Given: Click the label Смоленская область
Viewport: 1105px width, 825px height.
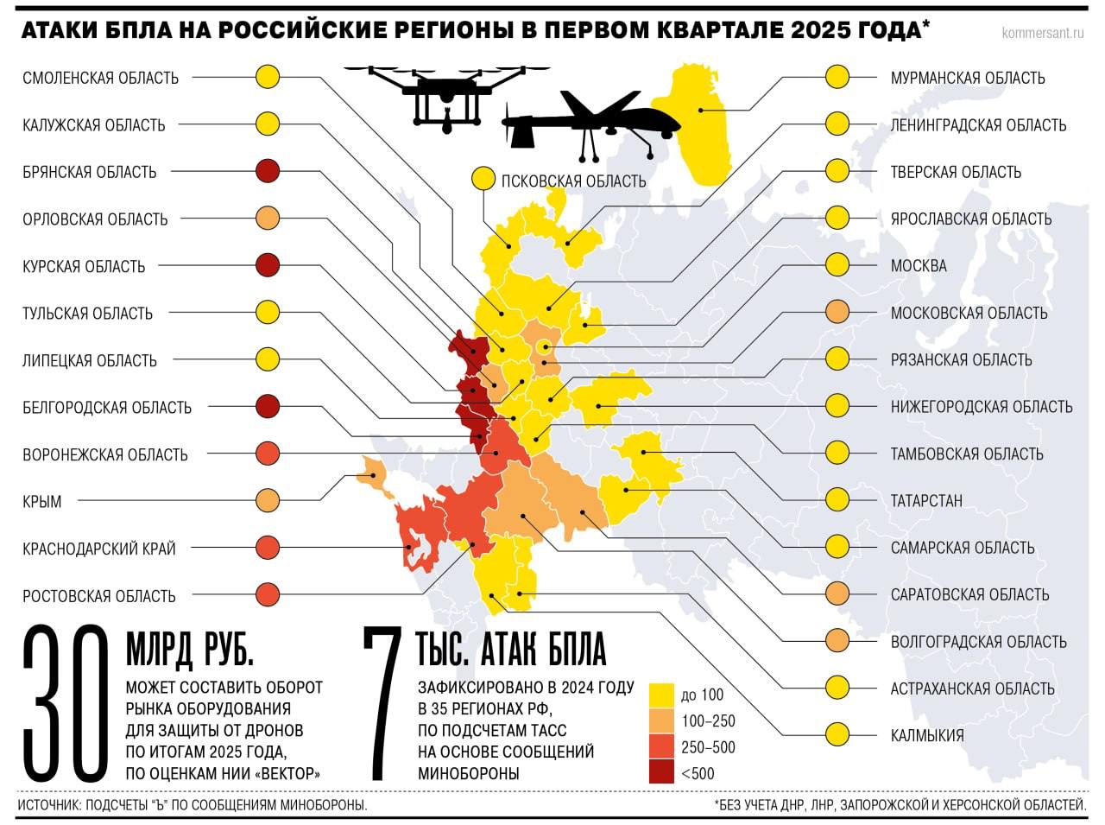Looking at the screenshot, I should point(100,78).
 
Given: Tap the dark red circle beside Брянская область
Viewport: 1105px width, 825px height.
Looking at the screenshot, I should point(268,171).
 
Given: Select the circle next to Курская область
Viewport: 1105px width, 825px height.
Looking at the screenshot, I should point(268,265).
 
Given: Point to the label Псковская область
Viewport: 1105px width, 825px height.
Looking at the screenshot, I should point(573,181).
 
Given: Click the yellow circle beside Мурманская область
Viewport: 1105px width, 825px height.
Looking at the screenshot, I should point(837,77).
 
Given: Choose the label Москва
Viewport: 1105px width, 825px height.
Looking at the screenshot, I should point(919,265).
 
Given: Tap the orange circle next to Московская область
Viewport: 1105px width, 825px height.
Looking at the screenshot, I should point(837,312).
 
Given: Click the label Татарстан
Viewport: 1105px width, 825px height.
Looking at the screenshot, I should point(926,500).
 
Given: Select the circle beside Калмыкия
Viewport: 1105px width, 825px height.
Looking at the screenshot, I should point(837,735).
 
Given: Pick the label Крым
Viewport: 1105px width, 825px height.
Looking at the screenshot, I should point(42,501).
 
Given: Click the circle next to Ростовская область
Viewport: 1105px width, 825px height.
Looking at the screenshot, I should point(268,594).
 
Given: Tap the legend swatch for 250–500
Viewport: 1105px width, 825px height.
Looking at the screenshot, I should point(661,747).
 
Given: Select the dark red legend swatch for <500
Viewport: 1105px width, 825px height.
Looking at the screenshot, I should point(661,773).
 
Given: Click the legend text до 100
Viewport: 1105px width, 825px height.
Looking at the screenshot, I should point(702,695).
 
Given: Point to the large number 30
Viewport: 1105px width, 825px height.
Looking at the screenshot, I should point(65,704).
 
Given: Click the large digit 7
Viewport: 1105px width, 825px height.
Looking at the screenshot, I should point(382,704).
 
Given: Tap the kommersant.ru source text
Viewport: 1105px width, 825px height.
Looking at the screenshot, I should point(1043,34).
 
